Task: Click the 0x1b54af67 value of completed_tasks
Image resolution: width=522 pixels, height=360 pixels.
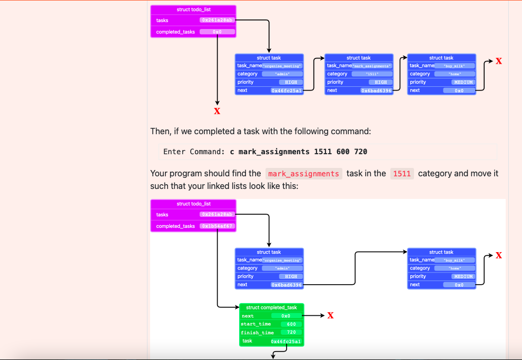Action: [x=217, y=226]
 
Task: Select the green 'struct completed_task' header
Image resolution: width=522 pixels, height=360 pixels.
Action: [x=271, y=307]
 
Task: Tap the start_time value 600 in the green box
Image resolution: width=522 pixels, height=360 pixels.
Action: [x=291, y=324]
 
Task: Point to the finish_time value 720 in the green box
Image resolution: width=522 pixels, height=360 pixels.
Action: [x=291, y=333]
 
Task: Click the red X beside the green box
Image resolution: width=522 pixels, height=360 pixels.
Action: [x=330, y=316]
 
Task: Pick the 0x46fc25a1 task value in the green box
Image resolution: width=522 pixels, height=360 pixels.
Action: [x=286, y=342]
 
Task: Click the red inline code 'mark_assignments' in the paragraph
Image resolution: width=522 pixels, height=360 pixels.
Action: [x=303, y=174]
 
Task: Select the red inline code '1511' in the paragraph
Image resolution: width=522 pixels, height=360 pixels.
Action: [x=402, y=174]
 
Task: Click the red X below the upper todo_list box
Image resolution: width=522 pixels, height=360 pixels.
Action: [x=217, y=111]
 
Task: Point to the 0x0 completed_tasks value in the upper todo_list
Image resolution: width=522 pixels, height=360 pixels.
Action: [x=217, y=32]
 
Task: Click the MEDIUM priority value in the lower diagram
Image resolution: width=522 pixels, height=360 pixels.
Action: [x=464, y=276]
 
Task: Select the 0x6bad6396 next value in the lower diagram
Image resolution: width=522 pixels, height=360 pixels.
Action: [x=287, y=285]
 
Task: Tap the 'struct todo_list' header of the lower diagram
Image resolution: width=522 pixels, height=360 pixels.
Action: [x=193, y=204]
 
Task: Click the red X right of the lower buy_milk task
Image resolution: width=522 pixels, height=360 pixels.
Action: [x=498, y=255]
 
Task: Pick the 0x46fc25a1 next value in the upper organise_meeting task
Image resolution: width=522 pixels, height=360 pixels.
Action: [x=287, y=91]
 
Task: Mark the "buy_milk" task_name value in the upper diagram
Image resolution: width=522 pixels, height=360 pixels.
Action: [x=455, y=66]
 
